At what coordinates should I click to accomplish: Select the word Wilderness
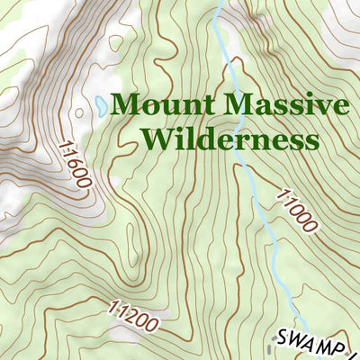pos(230,140)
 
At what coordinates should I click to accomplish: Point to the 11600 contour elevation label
pos(75,163)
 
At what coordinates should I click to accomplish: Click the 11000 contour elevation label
pos(296,210)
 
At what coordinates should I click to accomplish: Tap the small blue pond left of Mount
pos(98,105)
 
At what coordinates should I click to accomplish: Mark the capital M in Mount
pos(126,105)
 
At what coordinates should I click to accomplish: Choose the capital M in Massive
pos(235,105)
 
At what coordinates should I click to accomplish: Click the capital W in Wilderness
pos(158,140)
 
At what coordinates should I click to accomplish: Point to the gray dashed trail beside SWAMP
pos(273,346)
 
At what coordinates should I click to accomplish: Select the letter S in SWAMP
pos(283,337)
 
